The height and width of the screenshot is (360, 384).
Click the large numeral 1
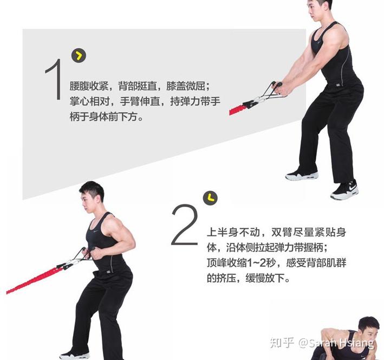pyautogui.click(x=54, y=79)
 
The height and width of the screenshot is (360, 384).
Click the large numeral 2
pyautogui.click(x=185, y=224)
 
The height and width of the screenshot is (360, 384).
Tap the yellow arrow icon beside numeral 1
pyautogui.click(x=79, y=55)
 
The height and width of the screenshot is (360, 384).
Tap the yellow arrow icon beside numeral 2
pyautogui.click(x=210, y=198)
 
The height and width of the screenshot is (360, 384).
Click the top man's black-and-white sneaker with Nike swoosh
pyautogui.click(x=344, y=190)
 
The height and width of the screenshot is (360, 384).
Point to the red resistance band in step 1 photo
pyautogui.click(x=237, y=110)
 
